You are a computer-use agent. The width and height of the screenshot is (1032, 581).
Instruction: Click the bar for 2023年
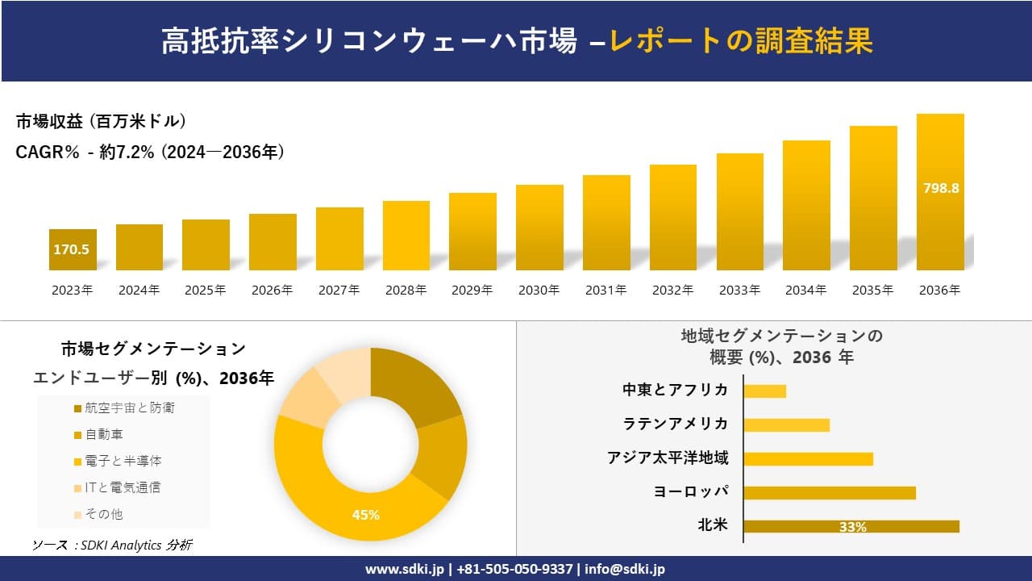pos(73,250)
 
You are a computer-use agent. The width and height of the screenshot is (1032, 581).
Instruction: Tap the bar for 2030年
pos(539,228)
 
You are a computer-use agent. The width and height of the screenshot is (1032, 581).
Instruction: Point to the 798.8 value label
pos(940,188)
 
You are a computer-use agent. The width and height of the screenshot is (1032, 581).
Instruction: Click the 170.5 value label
pos(72,249)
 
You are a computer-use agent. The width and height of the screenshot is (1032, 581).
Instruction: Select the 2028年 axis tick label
pos(406,290)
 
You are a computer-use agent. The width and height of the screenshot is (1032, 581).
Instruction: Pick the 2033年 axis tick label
pos(739,290)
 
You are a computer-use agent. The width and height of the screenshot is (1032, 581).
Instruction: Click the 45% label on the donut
pos(365,514)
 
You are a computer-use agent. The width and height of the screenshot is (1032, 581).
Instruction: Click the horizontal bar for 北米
pos(851,526)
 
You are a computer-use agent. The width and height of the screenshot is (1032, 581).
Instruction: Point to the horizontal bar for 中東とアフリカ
pos(764,391)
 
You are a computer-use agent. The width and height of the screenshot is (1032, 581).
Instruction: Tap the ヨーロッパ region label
pos(691,491)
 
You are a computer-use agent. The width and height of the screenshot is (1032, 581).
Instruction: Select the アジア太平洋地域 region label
pos(668,458)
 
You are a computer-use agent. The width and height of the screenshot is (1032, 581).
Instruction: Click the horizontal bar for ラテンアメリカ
pos(786,424)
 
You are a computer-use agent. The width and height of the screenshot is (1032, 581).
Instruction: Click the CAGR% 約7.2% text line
pos(150,153)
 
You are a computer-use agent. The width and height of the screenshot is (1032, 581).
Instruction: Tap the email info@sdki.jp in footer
pos(625,569)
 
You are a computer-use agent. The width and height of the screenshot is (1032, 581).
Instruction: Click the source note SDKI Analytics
pos(112,545)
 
